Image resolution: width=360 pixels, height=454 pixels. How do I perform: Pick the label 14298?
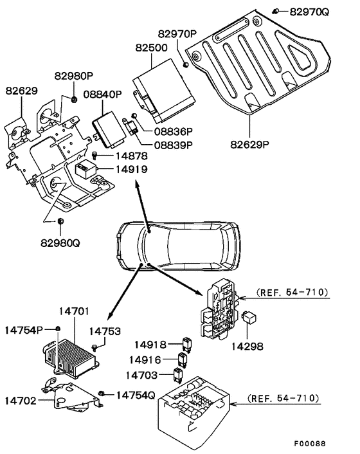[247, 346]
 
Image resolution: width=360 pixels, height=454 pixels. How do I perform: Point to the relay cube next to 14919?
[85, 170]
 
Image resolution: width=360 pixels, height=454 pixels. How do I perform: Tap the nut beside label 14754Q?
[101, 394]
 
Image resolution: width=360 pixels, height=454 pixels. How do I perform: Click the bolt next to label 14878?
[95, 155]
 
